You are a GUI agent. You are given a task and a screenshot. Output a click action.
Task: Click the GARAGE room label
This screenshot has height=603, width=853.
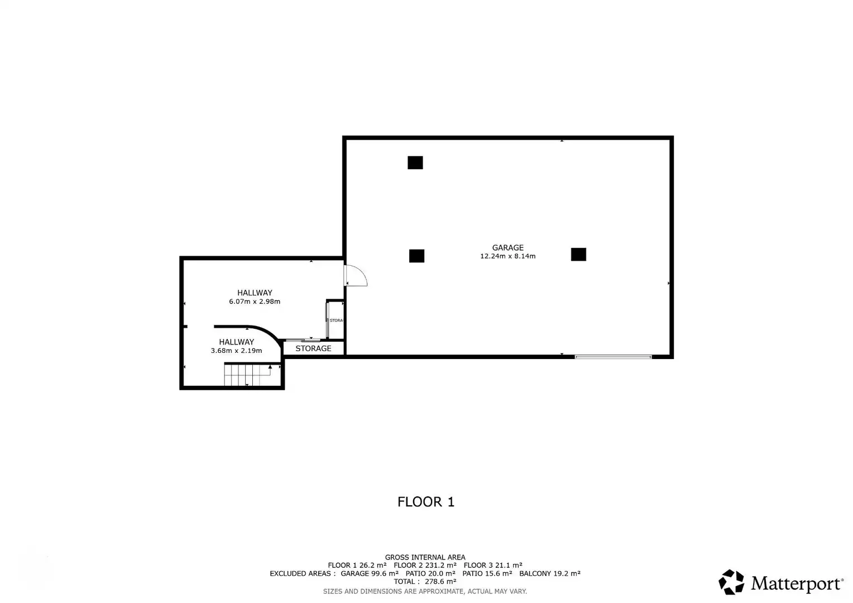[507, 247]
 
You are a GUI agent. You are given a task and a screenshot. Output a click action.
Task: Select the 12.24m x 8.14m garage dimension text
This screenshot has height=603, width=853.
[507, 256]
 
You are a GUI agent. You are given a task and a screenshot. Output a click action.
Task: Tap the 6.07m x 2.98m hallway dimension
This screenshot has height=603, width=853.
[255, 301]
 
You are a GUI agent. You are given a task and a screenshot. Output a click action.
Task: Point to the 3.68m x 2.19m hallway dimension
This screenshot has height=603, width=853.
[236, 351]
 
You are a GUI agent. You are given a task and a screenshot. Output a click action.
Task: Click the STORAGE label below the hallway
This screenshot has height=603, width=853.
[313, 348]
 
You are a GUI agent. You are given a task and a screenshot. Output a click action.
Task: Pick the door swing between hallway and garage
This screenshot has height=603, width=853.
[355, 275]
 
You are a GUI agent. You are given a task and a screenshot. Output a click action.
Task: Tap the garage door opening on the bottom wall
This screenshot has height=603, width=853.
[613, 357]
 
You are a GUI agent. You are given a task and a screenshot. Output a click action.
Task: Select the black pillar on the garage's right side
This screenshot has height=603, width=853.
[578, 255]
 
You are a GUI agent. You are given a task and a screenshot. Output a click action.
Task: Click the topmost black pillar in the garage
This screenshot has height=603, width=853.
[415, 162]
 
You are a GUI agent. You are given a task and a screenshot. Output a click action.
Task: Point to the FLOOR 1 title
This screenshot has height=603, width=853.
[426, 502]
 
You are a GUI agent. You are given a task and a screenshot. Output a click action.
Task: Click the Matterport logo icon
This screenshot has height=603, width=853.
[731, 582]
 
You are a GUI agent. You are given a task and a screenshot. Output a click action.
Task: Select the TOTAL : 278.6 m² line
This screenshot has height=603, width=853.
[425, 582]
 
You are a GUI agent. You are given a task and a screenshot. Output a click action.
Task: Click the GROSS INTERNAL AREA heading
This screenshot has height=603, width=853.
[425, 557]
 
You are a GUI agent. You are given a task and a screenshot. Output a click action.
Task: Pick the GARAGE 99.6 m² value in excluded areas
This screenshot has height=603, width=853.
[370, 573]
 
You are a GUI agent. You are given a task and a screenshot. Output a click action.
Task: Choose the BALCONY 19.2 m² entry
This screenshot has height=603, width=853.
[550, 573]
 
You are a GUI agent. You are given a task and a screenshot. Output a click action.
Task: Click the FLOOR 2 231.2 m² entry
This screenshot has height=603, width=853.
[425, 566]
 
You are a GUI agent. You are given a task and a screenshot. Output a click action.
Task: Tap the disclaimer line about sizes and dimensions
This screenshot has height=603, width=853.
[425, 592]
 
